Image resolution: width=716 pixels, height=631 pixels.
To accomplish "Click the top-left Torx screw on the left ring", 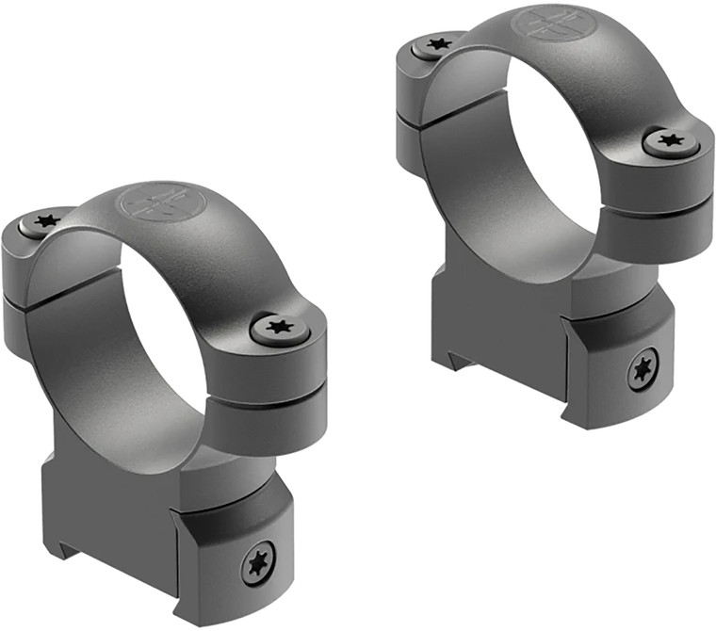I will [43, 222].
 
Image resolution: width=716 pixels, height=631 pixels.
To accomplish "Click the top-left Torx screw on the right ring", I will [437, 43].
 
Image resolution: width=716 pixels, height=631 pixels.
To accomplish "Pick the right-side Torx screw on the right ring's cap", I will [670, 142].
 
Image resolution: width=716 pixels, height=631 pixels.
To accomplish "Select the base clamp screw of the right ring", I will [643, 370].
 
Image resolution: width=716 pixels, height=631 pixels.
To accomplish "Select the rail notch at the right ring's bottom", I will [454, 359].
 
